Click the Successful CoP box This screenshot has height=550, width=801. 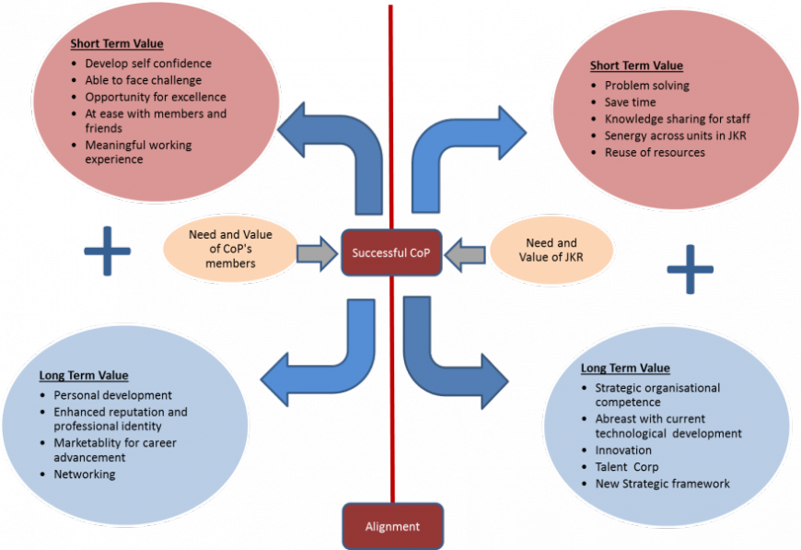point(391,252)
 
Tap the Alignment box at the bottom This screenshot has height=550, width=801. point(392,526)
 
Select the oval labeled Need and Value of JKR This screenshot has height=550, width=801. point(551,251)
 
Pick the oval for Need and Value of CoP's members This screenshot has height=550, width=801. point(229,250)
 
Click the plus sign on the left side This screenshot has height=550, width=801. point(108,250)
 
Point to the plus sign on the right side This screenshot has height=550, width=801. point(690,269)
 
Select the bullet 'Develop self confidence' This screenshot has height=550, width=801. point(148,64)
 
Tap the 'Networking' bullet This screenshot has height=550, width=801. point(85,474)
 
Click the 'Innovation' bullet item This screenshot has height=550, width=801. point(623,451)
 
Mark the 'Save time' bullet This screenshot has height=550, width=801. point(630,102)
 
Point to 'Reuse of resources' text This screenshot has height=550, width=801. point(655,152)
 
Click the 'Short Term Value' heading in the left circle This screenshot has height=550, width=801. point(116,43)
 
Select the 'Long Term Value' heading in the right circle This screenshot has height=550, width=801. point(625,369)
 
